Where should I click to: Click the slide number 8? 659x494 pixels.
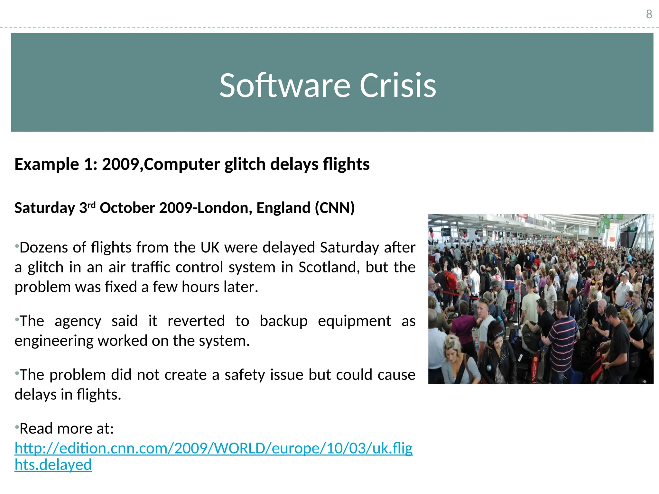pyautogui.click(x=649, y=14)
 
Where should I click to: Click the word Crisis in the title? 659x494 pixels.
pyautogui.click(x=398, y=85)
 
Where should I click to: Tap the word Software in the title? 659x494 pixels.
pyautogui.click(x=285, y=85)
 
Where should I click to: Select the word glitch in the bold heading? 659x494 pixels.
pyautogui.click(x=246, y=164)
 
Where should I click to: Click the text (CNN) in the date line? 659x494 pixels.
pyautogui.click(x=335, y=208)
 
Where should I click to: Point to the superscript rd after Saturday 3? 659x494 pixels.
pyautogui.click(x=92, y=205)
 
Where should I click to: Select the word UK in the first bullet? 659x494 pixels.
pyautogui.click(x=210, y=248)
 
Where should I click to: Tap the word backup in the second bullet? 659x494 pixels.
pyautogui.click(x=283, y=321)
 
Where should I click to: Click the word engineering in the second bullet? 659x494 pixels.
pyautogui.click(x=54, y=341)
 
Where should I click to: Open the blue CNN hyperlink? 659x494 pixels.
pyautogui.click(x=213, y=448)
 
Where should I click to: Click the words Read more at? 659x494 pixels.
pyautogui.click(x=67, y=429)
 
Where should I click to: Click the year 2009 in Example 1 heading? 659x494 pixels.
pyautogui.click(x=121, y=164)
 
